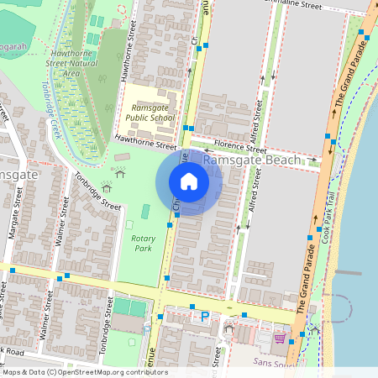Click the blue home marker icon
tap(189, 181)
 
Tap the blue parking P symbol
tap(204, 317)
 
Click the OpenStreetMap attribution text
tap(84, 371)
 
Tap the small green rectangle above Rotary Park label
tap(145, 212)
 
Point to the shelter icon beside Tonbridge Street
tap(106, 186)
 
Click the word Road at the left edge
tap(17, 350)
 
